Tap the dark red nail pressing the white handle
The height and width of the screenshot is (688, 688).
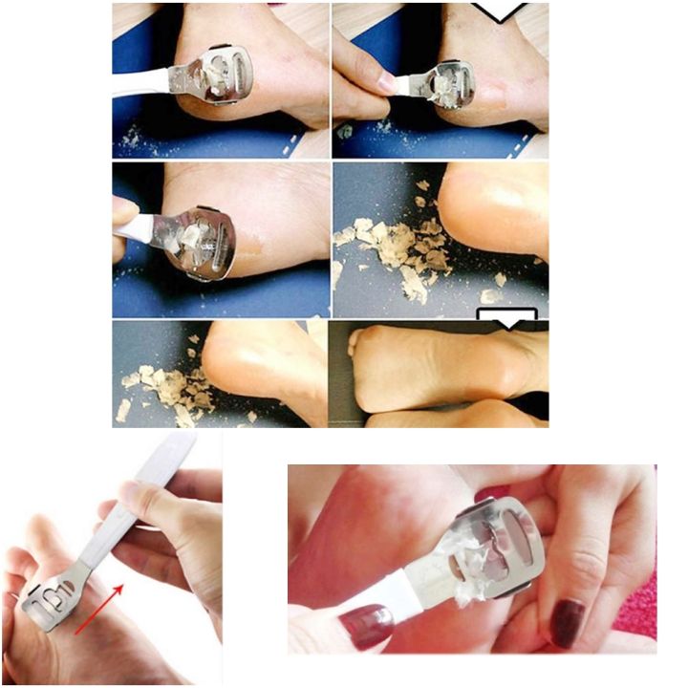point(362,624)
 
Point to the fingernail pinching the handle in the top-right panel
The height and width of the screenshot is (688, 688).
point(388,84)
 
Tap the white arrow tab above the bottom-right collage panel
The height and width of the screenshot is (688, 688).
point(506,319)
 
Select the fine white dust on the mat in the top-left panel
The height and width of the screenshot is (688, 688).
point(134,143)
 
